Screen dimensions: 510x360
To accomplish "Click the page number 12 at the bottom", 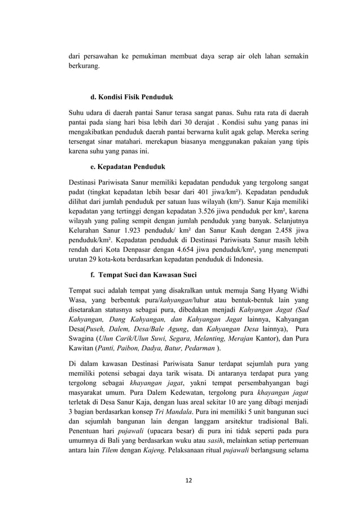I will click(x=180, y=480).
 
